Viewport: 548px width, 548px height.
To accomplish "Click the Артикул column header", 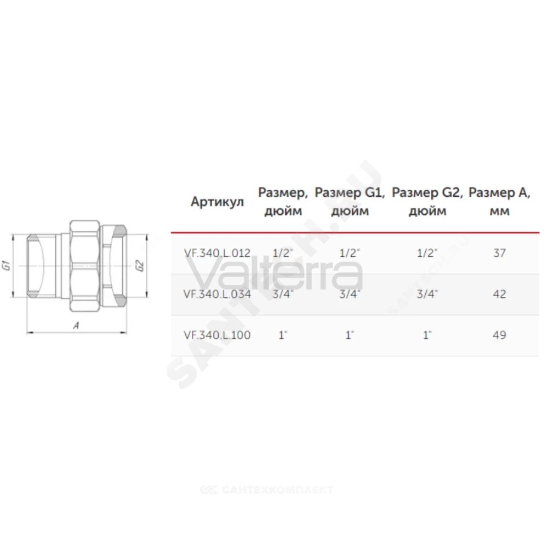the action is tap(217, 202).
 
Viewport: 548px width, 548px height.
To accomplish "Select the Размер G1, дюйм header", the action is tap(350, 202).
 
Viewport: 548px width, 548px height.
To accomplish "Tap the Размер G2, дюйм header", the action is tap(427, 202).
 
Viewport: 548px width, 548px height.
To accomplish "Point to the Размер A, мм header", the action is tap(499, 202).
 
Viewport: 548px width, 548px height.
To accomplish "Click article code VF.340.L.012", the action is tap(217, 253).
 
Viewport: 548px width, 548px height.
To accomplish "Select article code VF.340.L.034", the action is tap(217, 294).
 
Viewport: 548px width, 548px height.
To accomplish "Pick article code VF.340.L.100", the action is tap(217, 335).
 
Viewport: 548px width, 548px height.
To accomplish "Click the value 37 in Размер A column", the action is tap(499, 253).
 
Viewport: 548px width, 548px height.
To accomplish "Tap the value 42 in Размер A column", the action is tap(499, 294).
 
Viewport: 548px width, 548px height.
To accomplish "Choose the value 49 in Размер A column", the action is tap(499, 335).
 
